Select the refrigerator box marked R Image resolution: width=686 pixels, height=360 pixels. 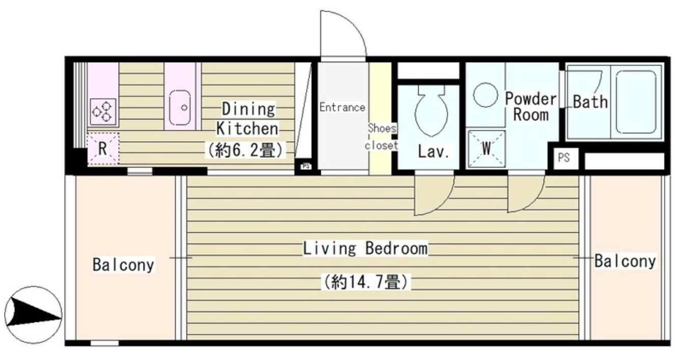pos(102,149)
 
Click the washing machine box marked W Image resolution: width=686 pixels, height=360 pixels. pos(486,149)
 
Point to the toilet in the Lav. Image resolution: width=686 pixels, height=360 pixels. pos(431,112)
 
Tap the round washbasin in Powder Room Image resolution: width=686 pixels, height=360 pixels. pos(485,95)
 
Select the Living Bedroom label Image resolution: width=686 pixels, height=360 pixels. pos(365,249)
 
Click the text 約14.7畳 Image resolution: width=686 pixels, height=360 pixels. pos(365,281)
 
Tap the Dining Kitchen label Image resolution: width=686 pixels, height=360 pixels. pos(248,119)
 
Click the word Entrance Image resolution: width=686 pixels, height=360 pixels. pos(342,107)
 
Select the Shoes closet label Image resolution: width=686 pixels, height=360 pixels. pos(382,136)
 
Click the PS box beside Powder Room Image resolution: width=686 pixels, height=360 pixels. pos(563,158)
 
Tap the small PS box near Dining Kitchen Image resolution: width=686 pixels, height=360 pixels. pos(306,166)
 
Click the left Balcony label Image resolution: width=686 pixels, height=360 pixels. pos(123,265)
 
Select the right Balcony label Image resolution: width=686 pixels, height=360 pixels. pos(625,262)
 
